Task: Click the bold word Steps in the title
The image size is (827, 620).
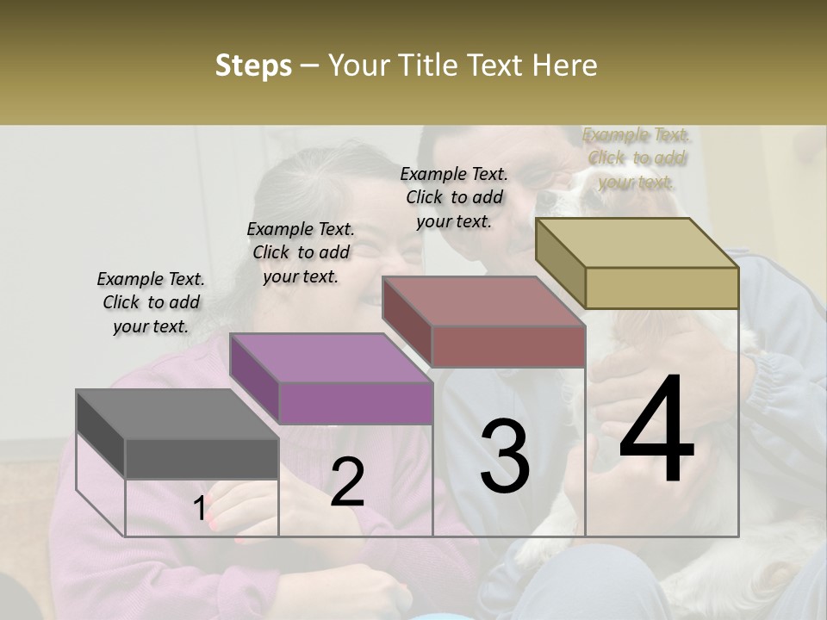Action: pyautogui.click(x=253, y=66)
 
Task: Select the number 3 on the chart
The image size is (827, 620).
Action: pyautogui.click(x=505, y=456)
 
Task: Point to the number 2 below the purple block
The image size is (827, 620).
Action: pyautogui.click(x=347, y=481)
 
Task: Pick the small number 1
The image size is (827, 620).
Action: pyautogui.click(x=199, y=509)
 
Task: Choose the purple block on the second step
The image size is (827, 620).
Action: pyautogui.click(x=355, y=402)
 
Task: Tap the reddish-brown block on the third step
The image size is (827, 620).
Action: pyautogui.click(x=508, y=345)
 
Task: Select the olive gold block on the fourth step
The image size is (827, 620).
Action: pyautogui.click(x=662, y=288)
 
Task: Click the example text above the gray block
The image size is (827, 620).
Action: pyautogui.click(x=151, y=302)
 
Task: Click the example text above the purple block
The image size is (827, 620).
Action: pyautogui.click(x=301, y=252)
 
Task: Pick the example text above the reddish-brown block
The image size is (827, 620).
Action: pyautogui.click(x=454, y=197)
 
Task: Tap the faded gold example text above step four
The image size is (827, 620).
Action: pyautogui.click(x=636, y=158)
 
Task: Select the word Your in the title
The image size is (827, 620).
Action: pyautogui.click(x=358, y=65)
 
